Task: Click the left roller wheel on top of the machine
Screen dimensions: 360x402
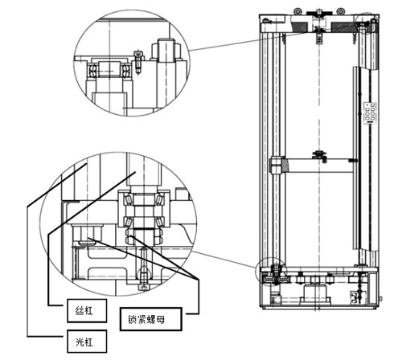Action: click(x=299, y=11)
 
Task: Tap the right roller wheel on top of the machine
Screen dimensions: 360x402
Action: click(x=341, y=11)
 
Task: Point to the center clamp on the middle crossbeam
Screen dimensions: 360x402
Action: click(x=319, y=153)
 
